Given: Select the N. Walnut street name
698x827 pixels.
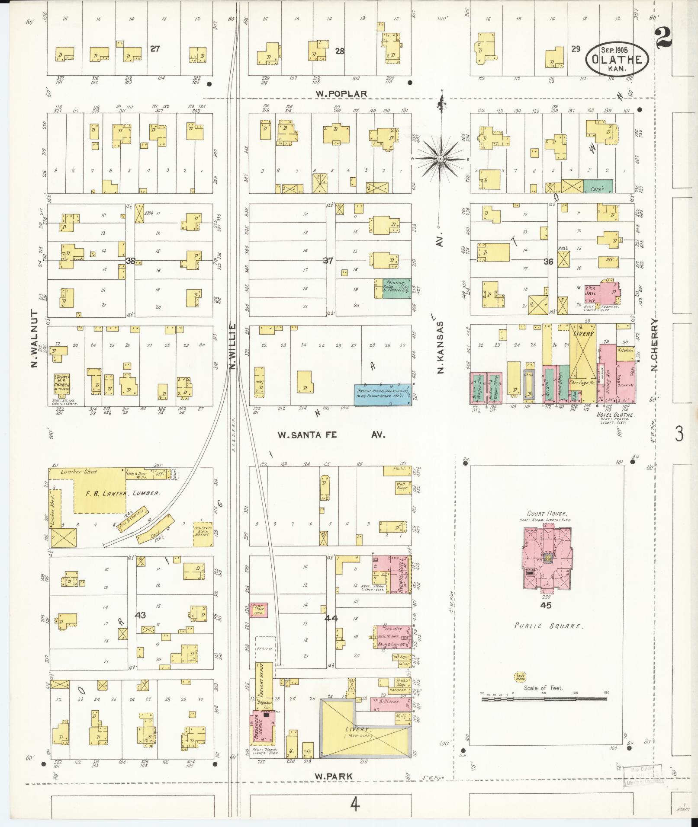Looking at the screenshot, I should tap(34, 338).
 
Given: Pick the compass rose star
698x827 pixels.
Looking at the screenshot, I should tap(440, 159).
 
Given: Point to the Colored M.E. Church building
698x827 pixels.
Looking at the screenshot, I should tap(62, 385).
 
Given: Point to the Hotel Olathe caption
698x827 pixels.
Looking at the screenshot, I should tap(615, 415).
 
